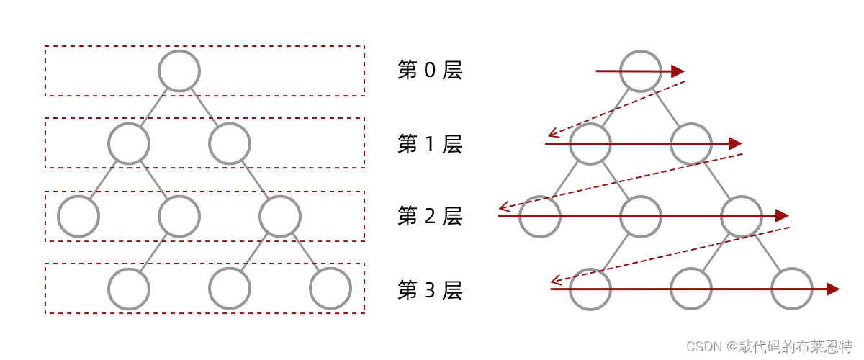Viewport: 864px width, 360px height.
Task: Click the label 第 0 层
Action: click(x=430, y=71)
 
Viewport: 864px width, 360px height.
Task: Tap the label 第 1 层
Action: click(x=430, y=144)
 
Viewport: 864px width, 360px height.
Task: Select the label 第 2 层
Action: click(x=430, y=216)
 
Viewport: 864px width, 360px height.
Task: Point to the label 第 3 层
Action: click(x=430, y=290)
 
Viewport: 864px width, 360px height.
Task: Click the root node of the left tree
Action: click(x=179, y=71)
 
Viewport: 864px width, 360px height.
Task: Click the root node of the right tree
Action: click(x=640, y=71)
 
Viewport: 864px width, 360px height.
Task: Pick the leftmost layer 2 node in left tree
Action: click(x=78, y=216)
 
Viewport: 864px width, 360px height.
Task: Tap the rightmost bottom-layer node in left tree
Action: click(x=330, y=289)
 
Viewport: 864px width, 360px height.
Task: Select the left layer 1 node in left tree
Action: click(x=129, y=143)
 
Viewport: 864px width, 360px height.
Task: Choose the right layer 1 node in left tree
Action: click(x=230, y=143)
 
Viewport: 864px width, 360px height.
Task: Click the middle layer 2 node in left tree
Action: click(x=179, y=216)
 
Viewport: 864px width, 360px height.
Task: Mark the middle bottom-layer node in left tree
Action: click(x=230, y=289)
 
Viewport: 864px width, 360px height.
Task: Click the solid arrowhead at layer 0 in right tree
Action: click(x=678, y=71)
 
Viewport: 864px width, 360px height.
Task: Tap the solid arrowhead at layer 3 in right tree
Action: click(x=833, y=289)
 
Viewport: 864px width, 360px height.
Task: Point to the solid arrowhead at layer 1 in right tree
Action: click(x=735, y=143)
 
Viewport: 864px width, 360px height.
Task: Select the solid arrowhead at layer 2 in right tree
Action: click(x=782, y=215)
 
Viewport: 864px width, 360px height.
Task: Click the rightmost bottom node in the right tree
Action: click(x=792, y=289)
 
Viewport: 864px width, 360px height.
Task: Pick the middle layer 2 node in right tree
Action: click(x=640, y=216)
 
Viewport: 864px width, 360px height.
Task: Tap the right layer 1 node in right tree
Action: click(x=691, y=143)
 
